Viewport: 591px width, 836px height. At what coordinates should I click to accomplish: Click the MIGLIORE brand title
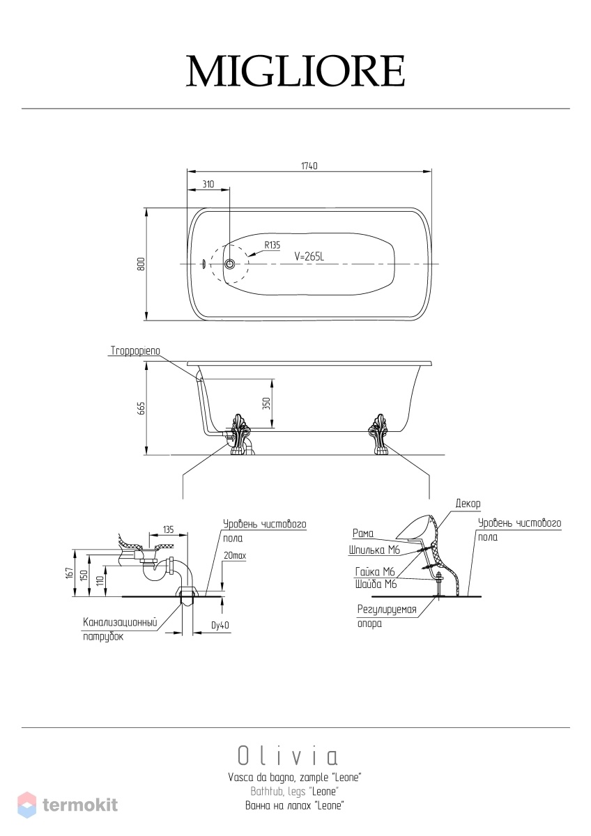pyautogui.click(x=295, y=71)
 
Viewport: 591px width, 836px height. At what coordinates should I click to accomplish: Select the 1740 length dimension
pyautogui.click(x=309, y=166)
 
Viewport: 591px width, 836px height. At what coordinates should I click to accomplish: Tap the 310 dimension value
pyautogui.click(x=208, y=184)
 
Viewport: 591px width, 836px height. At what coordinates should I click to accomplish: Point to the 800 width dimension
pyautogui.click(x=141, y=264)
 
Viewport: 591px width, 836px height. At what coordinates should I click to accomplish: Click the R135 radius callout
pyautogui.click(x=273, y=245)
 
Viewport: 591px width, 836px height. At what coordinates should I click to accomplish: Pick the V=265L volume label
pyautogui.click(x=309, y=256)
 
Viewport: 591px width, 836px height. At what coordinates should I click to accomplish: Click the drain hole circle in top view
pyautogui.click(x=229, y=264)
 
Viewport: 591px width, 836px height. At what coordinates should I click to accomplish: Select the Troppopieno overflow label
pyautogui.click(x=135, y=351)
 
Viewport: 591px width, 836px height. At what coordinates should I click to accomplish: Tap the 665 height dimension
pyautogui.click(x=141, y=408)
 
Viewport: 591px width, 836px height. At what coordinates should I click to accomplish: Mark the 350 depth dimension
pyautogui.click(x=266, y=403)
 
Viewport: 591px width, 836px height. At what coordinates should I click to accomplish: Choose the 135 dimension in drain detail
pyautogui.click(x=169, y=529)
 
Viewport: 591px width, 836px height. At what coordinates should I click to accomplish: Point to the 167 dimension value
pyautogui.click(x=69, y=573)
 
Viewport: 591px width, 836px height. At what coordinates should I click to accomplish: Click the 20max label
pyautogui.click(x=235, y=556)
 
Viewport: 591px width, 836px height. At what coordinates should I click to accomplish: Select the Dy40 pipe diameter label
pyautogui.click(x=220, y=625)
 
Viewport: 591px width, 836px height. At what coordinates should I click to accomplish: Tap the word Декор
pyautogui.click(x=468, y=504)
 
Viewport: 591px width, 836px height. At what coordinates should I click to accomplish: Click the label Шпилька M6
pyautogui.click(x=374, y=550)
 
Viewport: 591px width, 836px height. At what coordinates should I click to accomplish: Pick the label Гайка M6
pyautogui.click(x=375, y=572)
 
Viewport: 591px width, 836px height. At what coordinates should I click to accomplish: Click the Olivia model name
pyautogui.click(x=288, y=756)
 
